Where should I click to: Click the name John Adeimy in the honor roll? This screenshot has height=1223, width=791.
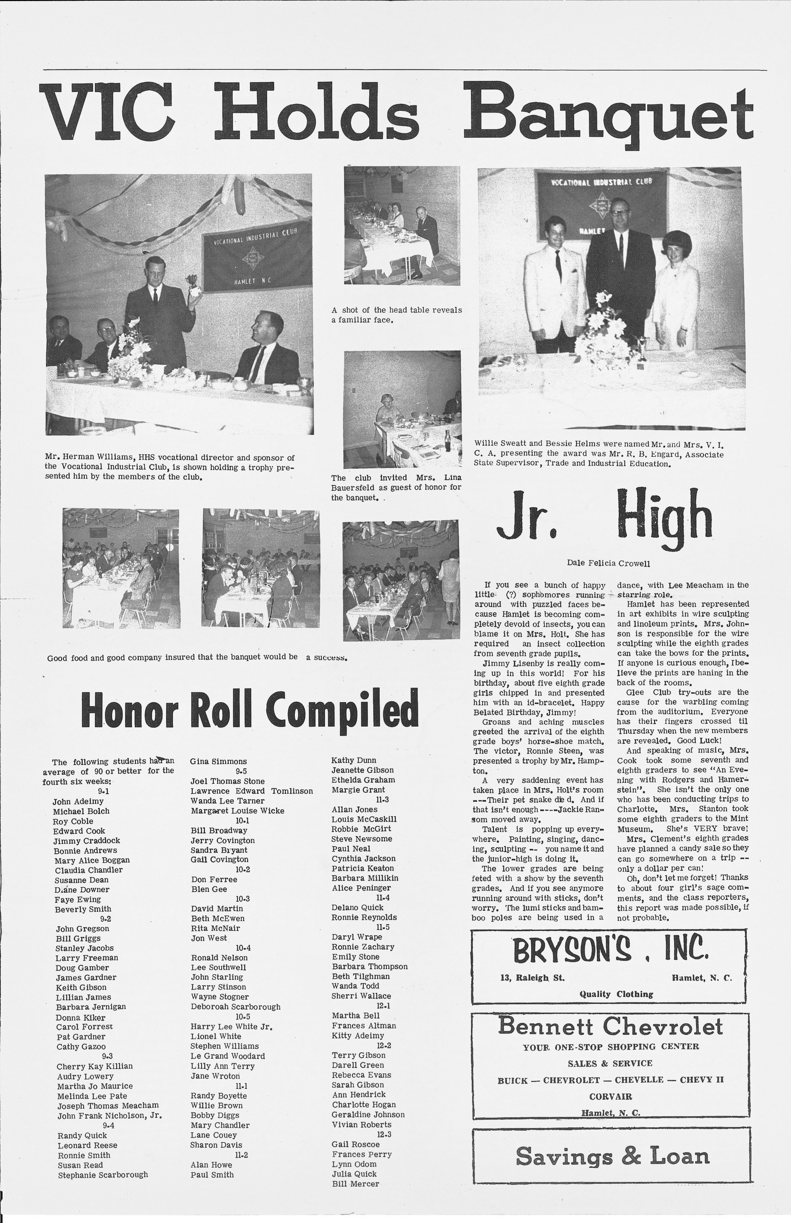pos(78,801)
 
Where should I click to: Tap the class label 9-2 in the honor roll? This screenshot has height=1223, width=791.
pos(106,918)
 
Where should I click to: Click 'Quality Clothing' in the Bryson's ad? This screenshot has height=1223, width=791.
pos(610,994)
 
